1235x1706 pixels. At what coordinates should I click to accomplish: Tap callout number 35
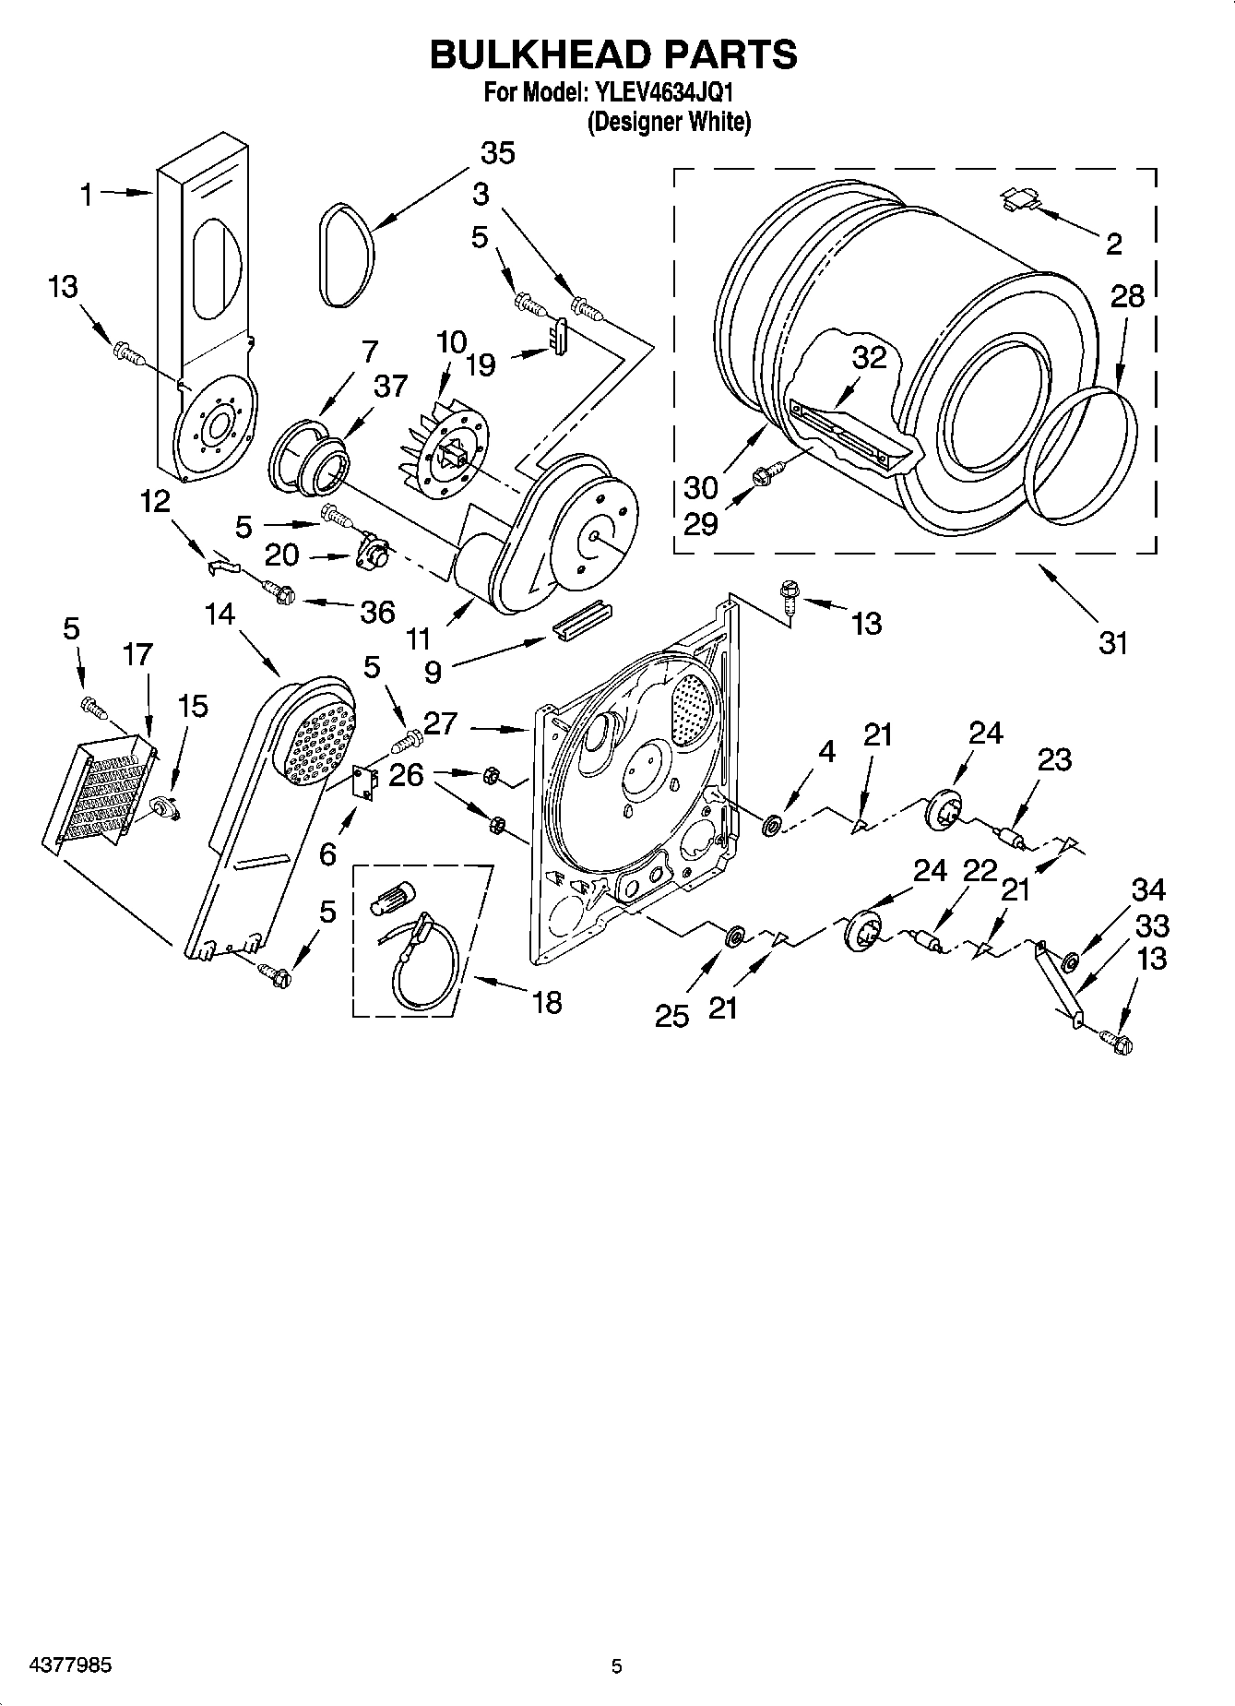(497, 153)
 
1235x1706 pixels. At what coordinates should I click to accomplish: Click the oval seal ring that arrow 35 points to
(348, 256)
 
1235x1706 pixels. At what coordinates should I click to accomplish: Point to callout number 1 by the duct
(86, 195)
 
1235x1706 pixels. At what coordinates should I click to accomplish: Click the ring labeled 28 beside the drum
(1085, 457)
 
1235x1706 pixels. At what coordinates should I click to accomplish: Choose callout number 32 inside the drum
(868, 358)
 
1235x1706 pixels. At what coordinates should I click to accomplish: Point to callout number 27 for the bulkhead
(441, 723)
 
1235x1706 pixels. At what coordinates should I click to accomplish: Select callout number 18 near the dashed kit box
(547, 1001)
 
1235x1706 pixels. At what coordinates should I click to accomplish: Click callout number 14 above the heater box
(219, 614)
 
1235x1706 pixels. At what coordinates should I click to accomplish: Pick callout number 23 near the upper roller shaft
(1054, 759)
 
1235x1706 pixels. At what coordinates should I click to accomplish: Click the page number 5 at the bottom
(616, 1665)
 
